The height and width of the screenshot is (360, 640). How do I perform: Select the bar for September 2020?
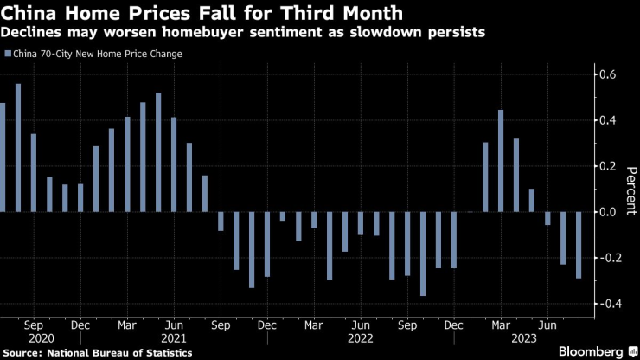click(x=34, y=173)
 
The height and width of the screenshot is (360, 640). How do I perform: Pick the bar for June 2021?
click(x=174, y=164)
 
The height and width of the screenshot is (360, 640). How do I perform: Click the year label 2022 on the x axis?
click(x=361, y=339)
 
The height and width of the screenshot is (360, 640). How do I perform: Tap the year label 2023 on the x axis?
click(x=524, y=339)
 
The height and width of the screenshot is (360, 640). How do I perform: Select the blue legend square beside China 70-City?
click(x=8, y=54)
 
